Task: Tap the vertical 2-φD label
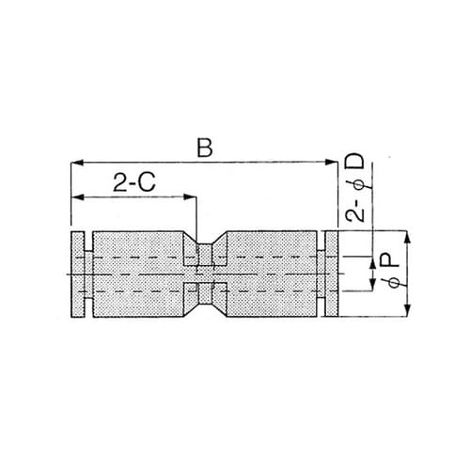[355, 188]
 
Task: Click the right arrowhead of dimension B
[333, 164]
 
